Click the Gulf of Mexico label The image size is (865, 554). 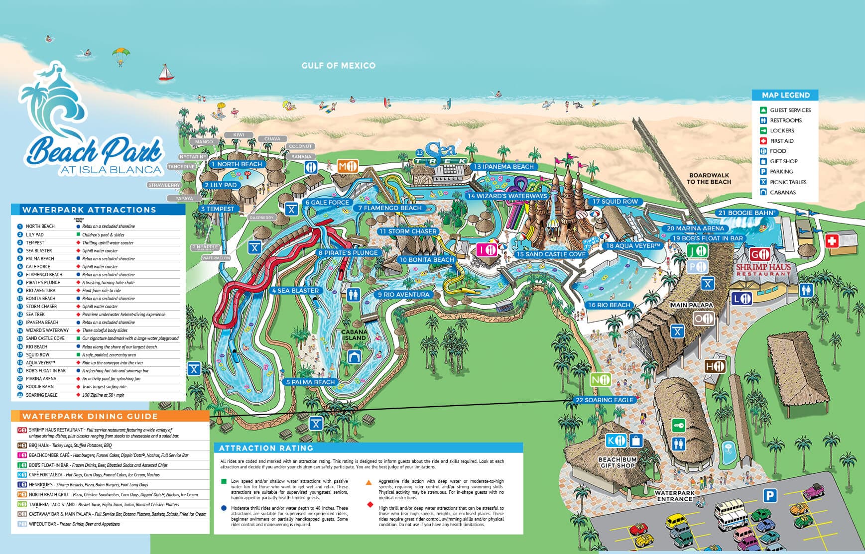tap(338, 65)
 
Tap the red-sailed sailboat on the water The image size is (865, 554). tap(166, 73)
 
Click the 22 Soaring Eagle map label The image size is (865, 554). tap(605, 400)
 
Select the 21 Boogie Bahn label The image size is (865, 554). tap(746, 213)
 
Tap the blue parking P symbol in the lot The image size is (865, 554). tap(770, 495)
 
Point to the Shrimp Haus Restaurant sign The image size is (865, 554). tap(763, 269)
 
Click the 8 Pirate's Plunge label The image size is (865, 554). tap(348, 252)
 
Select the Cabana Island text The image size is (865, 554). tap(354, 334)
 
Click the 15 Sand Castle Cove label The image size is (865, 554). tap(551, 254)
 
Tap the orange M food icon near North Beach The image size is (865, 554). tap(348, 166)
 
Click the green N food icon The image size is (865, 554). tap(600, 380)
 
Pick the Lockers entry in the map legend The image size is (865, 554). tap(782, 130)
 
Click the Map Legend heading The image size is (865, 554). tap(785, 95)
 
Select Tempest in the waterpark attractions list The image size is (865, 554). tap(35, 242)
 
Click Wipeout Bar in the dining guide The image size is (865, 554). tap(42, 524)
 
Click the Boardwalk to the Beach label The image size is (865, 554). tap(709, 179)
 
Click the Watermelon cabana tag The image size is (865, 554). tap(216, 258)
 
